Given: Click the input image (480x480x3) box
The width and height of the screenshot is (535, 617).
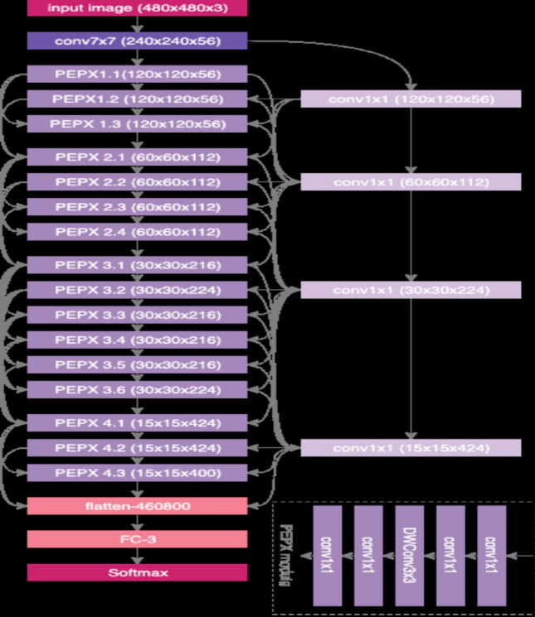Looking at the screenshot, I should point(137,8).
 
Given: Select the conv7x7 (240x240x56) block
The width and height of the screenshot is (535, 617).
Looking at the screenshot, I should point(137,41).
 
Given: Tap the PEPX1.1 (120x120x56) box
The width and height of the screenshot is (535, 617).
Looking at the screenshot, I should point(137,74).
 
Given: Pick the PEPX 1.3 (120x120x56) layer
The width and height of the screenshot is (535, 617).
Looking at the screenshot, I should point(137,124).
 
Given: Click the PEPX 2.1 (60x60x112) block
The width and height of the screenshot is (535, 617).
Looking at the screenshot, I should point(137,157).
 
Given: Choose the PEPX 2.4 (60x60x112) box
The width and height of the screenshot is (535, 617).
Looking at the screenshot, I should point(137,231).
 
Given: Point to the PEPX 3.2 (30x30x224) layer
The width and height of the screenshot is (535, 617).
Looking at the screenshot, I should point(137,290).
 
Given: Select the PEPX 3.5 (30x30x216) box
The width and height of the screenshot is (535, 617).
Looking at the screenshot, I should point(137,364).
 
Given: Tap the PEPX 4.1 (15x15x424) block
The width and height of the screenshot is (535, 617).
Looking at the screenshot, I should point(137,423).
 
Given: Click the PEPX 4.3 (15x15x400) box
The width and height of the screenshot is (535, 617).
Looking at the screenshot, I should point(137,473).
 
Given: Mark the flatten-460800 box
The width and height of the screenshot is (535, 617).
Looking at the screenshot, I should point(137,505).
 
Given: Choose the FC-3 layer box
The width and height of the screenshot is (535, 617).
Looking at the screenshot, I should point(137,539).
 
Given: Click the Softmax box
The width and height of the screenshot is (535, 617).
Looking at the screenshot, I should point(137,572).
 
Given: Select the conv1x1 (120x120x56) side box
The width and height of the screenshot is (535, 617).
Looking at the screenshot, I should point(411,99).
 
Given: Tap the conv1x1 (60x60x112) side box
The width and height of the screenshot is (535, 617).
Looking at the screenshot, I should point(411,182).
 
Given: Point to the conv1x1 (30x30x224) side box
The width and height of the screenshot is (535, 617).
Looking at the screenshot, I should point(411,290).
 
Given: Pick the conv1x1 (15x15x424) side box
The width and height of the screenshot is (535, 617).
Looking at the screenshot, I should point(411,448).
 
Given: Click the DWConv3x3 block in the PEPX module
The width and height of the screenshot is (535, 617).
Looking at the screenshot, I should point(409,554).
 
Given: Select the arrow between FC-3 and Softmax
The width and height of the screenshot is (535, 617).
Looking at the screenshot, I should point(137,556).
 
